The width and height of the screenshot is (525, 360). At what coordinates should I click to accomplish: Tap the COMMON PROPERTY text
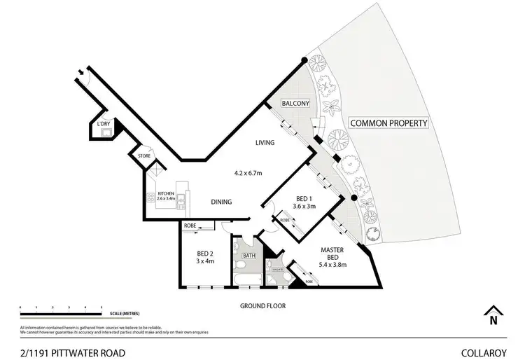click(388, 123)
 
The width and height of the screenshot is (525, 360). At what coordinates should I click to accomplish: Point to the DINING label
click(222, 202)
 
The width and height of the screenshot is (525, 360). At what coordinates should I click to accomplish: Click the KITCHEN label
click(165, 193)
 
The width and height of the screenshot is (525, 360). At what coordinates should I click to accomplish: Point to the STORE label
click(144, 155)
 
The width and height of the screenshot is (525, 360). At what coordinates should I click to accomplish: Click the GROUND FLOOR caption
click(262, 305)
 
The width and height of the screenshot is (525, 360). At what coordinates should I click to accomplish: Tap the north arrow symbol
click(493, 316)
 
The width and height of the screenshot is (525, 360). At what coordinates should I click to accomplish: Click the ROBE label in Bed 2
click(189, 226)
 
